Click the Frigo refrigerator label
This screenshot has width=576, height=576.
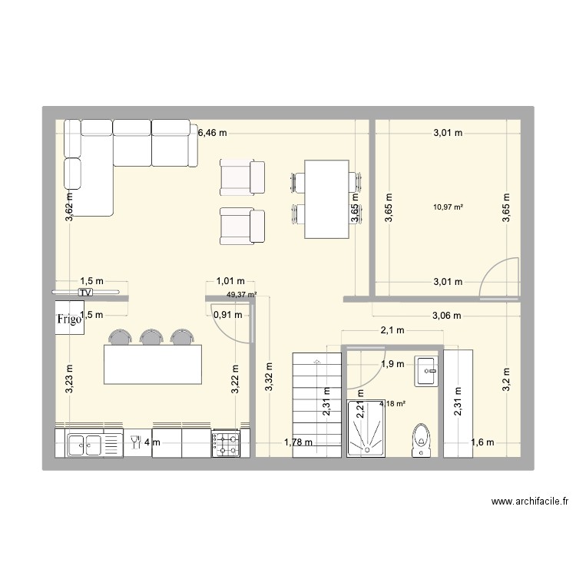[68, 320]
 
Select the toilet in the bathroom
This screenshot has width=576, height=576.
[422, 440]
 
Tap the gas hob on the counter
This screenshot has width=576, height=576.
[226, 443]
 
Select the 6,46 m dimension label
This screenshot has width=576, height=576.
[213, 133]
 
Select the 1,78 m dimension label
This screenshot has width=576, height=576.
[297, 442]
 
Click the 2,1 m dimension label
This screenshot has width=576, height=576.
[392, 331]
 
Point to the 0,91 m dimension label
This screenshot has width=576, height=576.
[227, 314]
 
